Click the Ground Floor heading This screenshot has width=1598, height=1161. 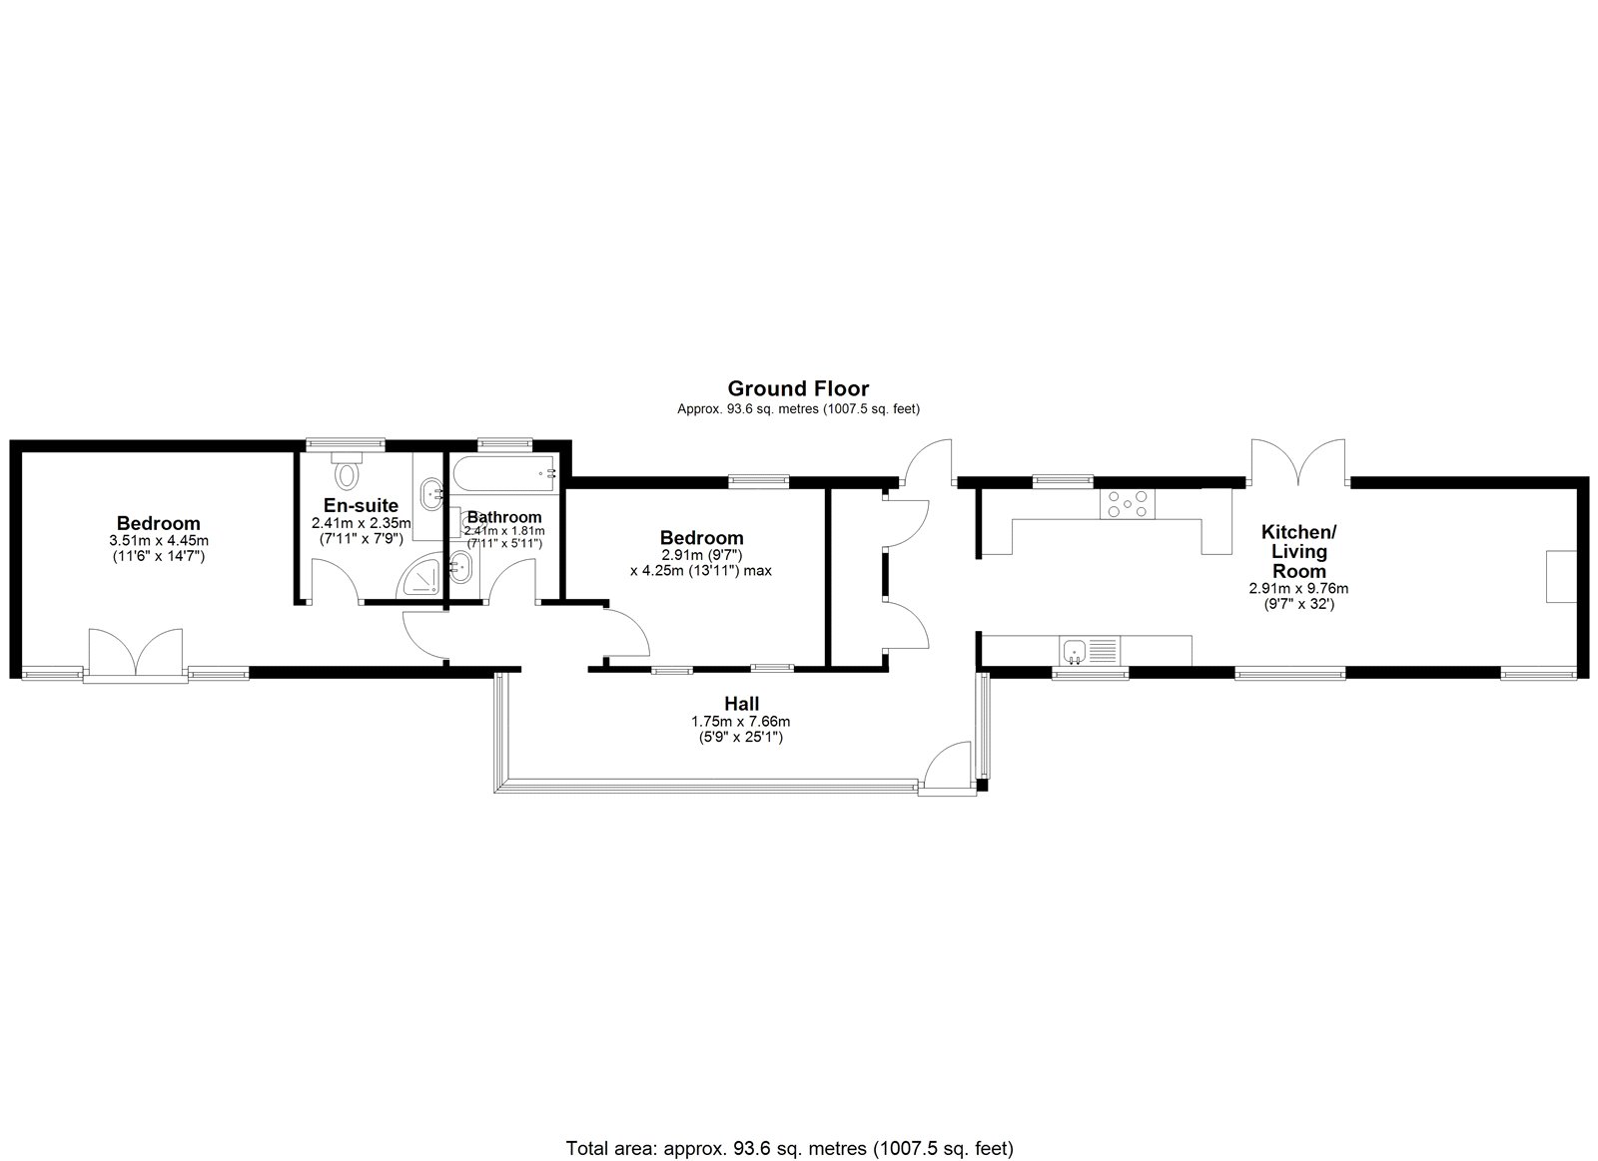pos(798,388)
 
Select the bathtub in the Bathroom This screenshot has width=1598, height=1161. pos(505,473)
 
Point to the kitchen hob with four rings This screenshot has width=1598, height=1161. pos(1128,503)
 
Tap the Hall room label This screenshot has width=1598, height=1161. pos(741,704)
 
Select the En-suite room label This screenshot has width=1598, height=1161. pos(361,505)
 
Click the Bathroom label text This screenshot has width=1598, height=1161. pos(504,517)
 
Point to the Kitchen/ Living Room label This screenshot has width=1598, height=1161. pos(1298,551)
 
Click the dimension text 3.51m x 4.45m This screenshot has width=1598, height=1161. pos(159,541)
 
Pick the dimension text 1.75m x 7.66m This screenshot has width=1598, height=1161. pos(740,721)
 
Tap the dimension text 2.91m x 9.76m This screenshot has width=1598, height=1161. pos(1298,588)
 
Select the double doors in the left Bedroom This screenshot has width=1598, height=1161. pos(136,651)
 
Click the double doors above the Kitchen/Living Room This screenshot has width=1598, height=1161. pos(1298,462)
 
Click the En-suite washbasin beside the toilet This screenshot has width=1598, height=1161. pos(430,492)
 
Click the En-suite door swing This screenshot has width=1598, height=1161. pos(335,581)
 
